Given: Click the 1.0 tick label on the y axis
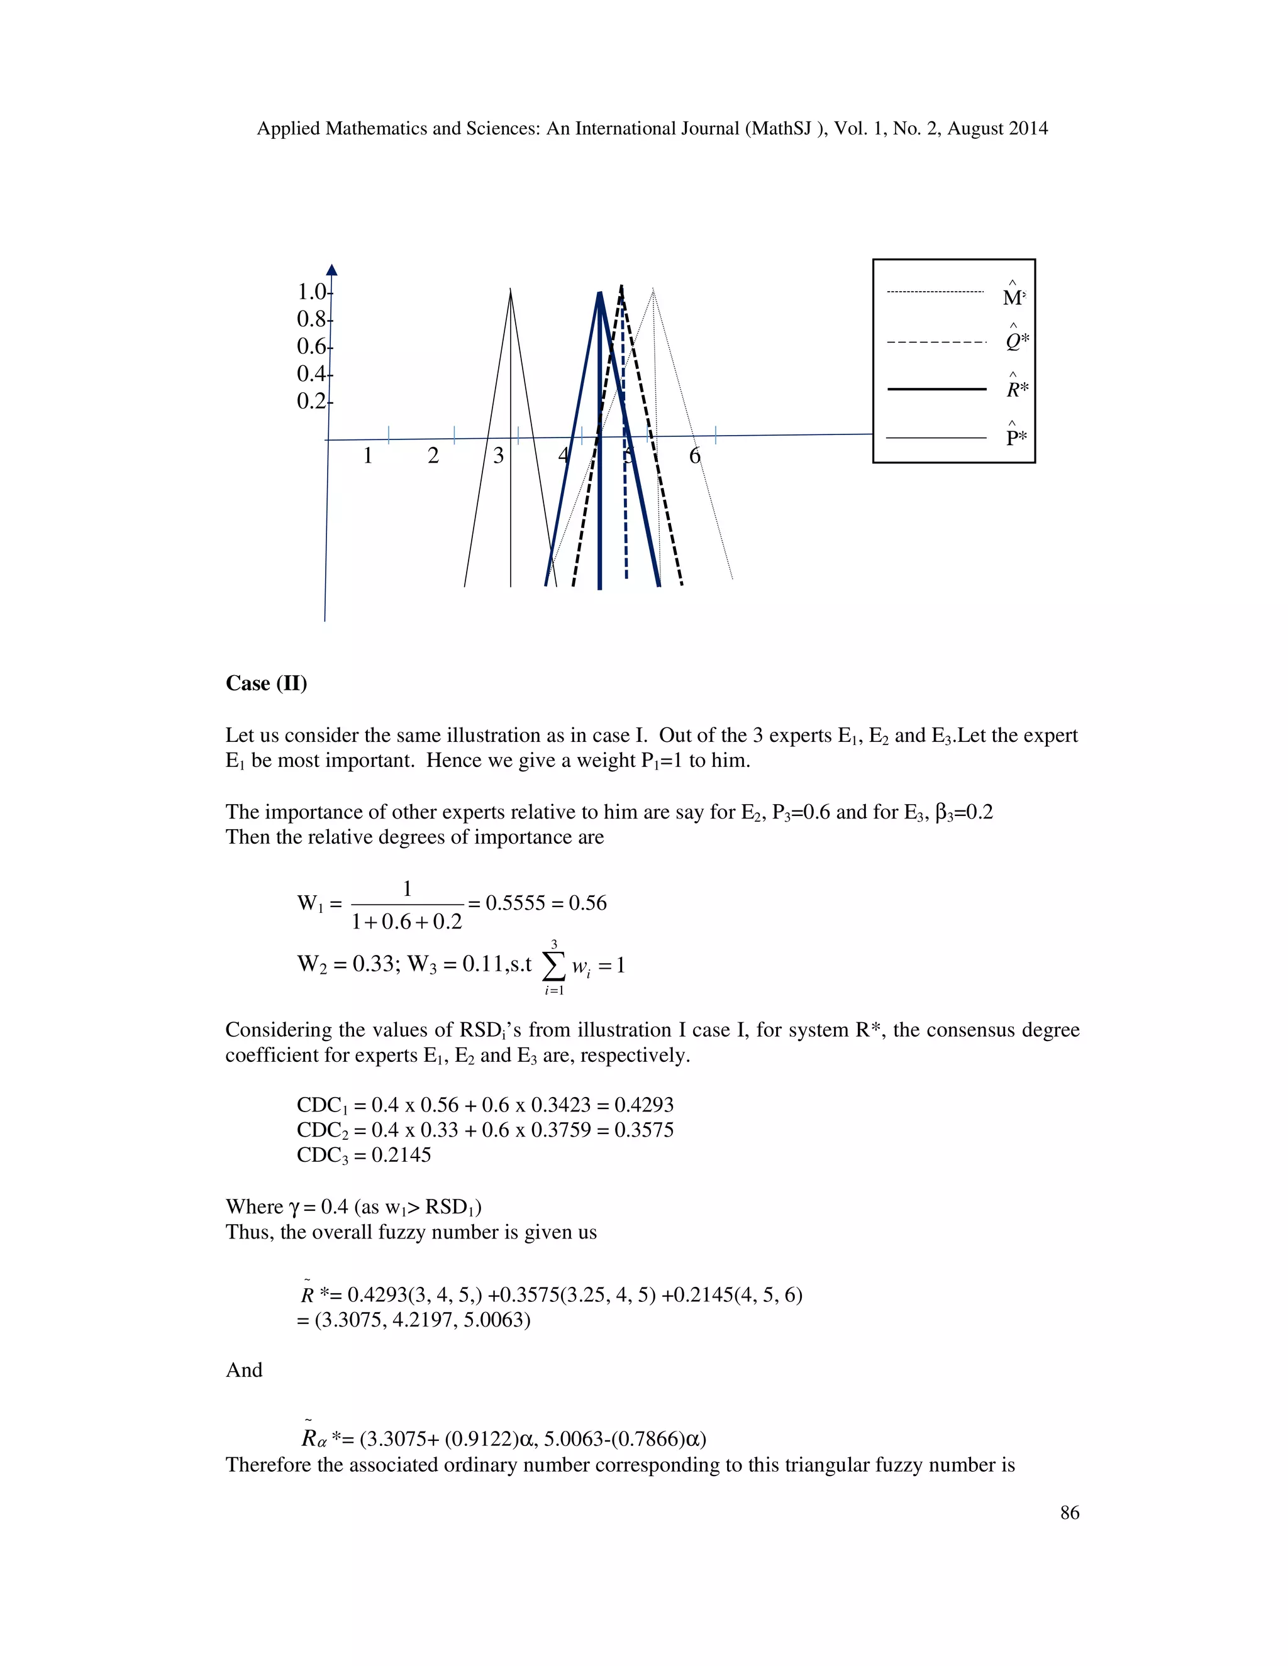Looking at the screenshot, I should coord(311,292).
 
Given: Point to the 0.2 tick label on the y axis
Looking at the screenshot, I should coord(311,401).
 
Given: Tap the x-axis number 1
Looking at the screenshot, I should coord(368,456).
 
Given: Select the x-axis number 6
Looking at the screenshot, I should coord(694,456).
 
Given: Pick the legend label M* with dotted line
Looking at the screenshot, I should coord(1013,297).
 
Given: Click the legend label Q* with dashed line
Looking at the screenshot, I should coord(1015,342).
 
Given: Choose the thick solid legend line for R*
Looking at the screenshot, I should coord(937,389).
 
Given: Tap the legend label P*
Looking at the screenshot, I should coord(1015,438).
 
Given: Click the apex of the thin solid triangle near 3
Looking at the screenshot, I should coord(511,289).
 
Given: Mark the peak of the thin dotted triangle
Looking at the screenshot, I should coord(653,289).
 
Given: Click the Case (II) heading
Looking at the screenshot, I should coord(266,683).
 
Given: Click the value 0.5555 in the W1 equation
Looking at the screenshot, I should coord(515,903).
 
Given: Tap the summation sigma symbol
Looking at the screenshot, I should coord(554,966).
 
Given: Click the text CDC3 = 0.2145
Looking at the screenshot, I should coord(364,1155).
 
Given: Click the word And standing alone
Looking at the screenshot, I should coord(244,1370).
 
